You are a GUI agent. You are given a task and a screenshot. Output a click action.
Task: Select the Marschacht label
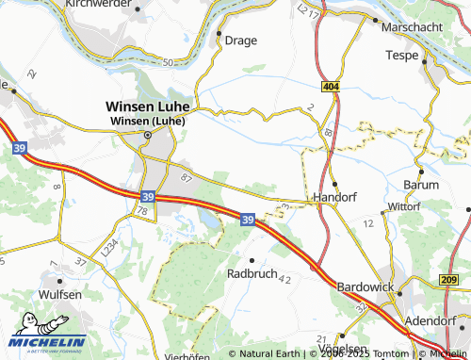point(413,28)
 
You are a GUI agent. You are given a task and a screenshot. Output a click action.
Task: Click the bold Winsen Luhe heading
point(149,106)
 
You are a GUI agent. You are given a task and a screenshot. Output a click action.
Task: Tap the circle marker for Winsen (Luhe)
point(147,136)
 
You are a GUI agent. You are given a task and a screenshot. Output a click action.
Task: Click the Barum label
point(420,185)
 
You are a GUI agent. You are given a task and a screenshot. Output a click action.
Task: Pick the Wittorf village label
point(403,205)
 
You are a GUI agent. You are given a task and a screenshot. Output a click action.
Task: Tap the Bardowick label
point(365,286)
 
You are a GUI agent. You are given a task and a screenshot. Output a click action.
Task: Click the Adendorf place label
point(430,319)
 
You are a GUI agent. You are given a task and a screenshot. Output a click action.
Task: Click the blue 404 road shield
point(330,86)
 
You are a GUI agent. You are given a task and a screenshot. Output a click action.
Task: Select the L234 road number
point(111,248)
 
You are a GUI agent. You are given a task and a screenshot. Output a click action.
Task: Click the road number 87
point(186,176)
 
